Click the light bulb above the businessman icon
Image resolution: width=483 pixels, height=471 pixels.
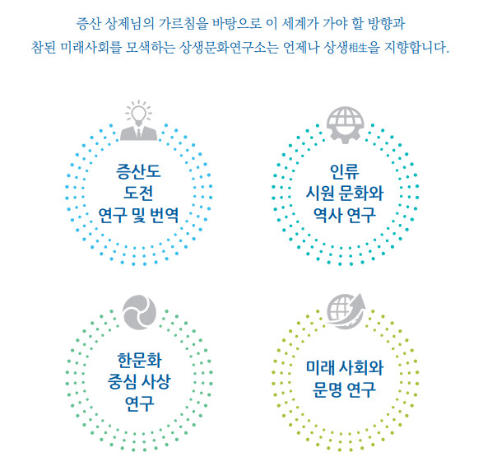pos(138,114)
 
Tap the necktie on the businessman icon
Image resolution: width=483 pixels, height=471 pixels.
pos(138,133)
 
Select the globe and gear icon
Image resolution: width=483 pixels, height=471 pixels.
pos(346,125)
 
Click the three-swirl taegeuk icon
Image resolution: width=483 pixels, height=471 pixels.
pos(139,312)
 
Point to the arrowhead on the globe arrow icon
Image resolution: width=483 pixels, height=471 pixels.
pos(360,300)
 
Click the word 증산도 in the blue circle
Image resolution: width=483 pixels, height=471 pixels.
pos(138,171)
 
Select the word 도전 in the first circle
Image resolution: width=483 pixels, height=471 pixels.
pos(138,193)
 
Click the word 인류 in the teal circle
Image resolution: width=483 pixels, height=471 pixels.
pos(345,171)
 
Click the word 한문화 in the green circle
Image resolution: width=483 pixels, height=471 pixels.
pos(139,360)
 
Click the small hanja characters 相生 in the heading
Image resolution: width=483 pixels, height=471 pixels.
pos(359,48)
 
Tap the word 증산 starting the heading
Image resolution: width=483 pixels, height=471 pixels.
pos(88,23)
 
